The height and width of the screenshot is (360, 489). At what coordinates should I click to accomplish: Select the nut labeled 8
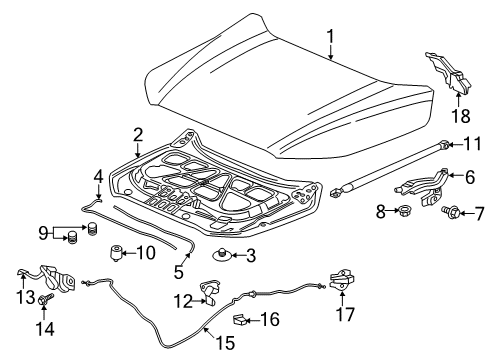click(408, 212)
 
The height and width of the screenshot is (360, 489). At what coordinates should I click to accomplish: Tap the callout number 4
click(98, 176)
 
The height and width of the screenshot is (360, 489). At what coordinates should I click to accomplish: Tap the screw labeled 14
click(46, 326)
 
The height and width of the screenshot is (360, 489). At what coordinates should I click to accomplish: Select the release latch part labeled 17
click(339, 284)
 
